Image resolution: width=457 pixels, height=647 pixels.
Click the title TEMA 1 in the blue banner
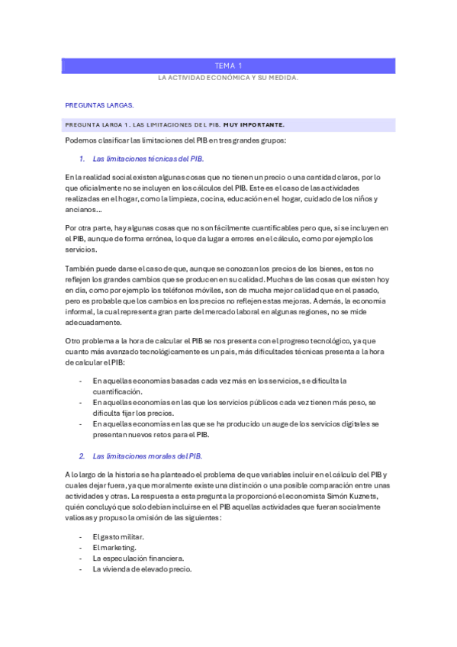coord(228,66)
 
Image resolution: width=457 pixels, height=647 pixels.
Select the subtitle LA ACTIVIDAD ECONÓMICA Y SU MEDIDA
coord(228,79)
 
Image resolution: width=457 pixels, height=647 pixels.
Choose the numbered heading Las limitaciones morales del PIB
coord(147,456)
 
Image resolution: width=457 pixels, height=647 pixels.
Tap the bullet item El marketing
coord(115,547)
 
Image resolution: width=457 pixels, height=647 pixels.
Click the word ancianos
coord(82,210)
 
